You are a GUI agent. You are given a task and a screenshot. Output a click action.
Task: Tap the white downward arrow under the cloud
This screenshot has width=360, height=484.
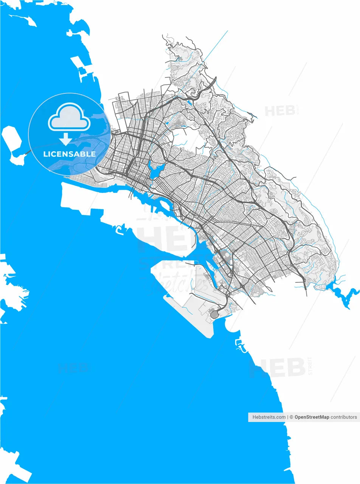(x=66, y=139)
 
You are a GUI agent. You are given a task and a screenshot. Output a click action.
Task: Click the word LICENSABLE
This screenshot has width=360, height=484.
(x=70, y=154)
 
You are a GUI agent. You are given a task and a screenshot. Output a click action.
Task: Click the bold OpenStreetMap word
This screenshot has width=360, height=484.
(x=312, y=417)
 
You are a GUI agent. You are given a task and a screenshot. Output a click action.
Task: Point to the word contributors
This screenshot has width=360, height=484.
(x=343, y=417)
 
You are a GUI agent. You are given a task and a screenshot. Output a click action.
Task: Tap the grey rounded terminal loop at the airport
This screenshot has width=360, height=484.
(x=214, y=314)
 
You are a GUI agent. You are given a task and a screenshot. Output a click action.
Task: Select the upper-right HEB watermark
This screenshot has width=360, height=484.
(x=280, y=111)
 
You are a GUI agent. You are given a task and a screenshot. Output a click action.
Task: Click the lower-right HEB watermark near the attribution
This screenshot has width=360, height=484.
(x=278, y=368)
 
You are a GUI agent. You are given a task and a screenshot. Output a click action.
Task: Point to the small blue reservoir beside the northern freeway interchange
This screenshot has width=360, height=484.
(x=189, y=102)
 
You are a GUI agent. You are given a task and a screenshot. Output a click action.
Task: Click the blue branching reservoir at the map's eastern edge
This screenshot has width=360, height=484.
(x=342, y=293)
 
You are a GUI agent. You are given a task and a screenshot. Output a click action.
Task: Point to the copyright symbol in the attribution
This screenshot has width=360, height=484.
(x=292, y=417)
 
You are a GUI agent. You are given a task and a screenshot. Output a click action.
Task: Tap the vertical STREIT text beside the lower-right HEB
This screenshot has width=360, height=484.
(x=310, y=366)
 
